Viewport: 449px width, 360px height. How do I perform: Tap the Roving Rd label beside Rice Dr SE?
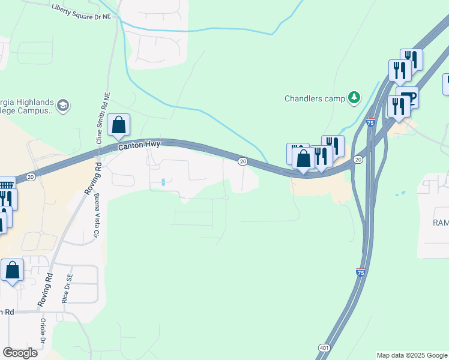point(45,291)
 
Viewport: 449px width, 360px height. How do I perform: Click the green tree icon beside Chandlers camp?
point(355,97)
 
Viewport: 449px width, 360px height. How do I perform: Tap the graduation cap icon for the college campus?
point(63,106)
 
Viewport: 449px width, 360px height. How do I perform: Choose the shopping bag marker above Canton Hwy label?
point(119,125)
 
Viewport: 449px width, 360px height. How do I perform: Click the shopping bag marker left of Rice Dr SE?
point(13,271)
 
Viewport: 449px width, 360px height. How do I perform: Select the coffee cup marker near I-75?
point(408,97)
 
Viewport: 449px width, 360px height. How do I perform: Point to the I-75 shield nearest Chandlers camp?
point(370,122)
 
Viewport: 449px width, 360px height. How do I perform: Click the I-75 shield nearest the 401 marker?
point(361,272)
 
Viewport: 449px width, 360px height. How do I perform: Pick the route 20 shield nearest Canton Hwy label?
point(243,161)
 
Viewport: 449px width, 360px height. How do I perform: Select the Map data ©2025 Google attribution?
point(412,355)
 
